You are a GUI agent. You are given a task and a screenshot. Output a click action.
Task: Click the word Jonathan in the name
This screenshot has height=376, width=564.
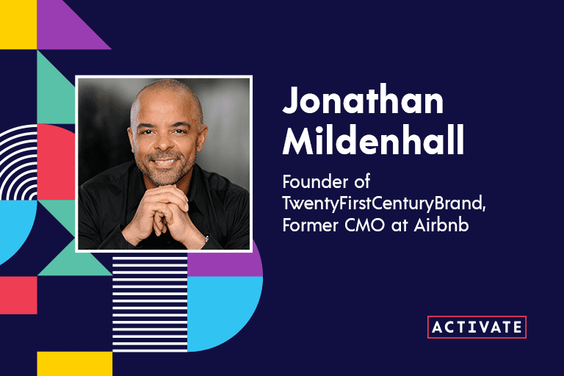tap(363, 102)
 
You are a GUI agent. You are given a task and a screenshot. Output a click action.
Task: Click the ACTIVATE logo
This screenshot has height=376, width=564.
tap(477, 327)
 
